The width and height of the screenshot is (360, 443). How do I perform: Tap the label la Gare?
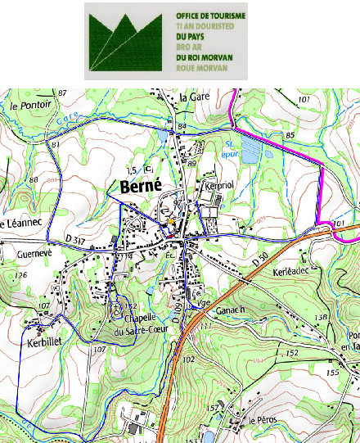[195, 97]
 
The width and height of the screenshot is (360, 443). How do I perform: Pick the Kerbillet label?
[45, 336]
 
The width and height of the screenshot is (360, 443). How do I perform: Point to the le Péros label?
[263, 419]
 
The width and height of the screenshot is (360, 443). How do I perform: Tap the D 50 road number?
[259, 260]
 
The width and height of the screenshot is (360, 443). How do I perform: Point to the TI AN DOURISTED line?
[205, 26]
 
